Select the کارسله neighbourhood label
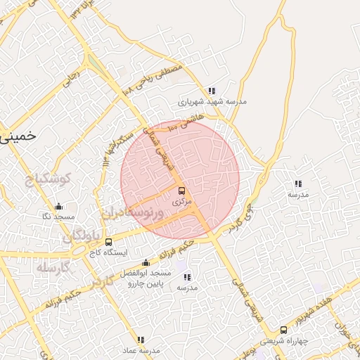pyautogui.click(x=53, y=267)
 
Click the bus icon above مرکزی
pyautogui.click(x=182, y=191)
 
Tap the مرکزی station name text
pyautogui.click(x=181, y=202)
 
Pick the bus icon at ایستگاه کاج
pyautogui.click(x=108, y=243)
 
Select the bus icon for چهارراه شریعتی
pyautogui.click(x=283, y=330)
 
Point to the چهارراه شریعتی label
pyautogui.click(x=283, y=340)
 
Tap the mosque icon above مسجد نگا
pyautogui.click(x=58, y=207)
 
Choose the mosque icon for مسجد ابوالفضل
pyautogui.click(x=146, y=262)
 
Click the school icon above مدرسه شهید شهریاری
pyautogui.click(x=212, y=91)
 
